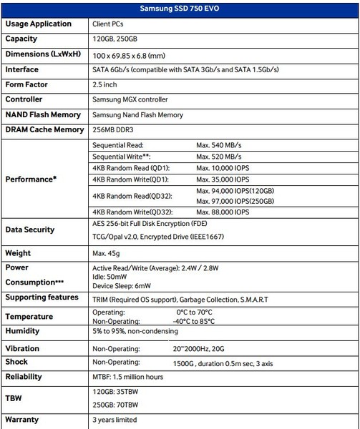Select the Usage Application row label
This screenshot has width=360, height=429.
[39, 24]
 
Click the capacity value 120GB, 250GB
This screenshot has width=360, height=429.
[119, 39]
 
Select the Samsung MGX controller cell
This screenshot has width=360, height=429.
[132, 100]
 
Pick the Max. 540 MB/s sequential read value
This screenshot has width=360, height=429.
[225, 144]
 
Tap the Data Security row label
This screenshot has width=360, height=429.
[29, 230]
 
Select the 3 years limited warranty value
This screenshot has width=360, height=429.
[115, 420]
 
